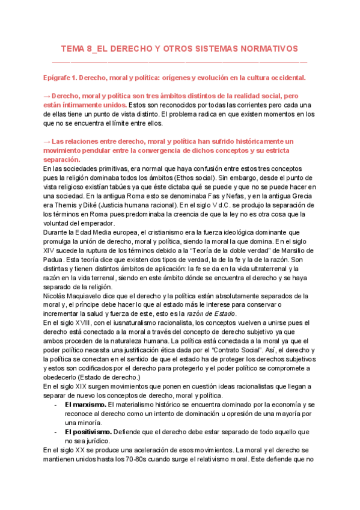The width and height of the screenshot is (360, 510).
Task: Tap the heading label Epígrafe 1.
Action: click(x=66, y=78)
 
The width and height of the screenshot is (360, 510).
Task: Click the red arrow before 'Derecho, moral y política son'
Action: click(x=47, y=96)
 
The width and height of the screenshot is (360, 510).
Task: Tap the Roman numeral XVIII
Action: click(x=81, y=322)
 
